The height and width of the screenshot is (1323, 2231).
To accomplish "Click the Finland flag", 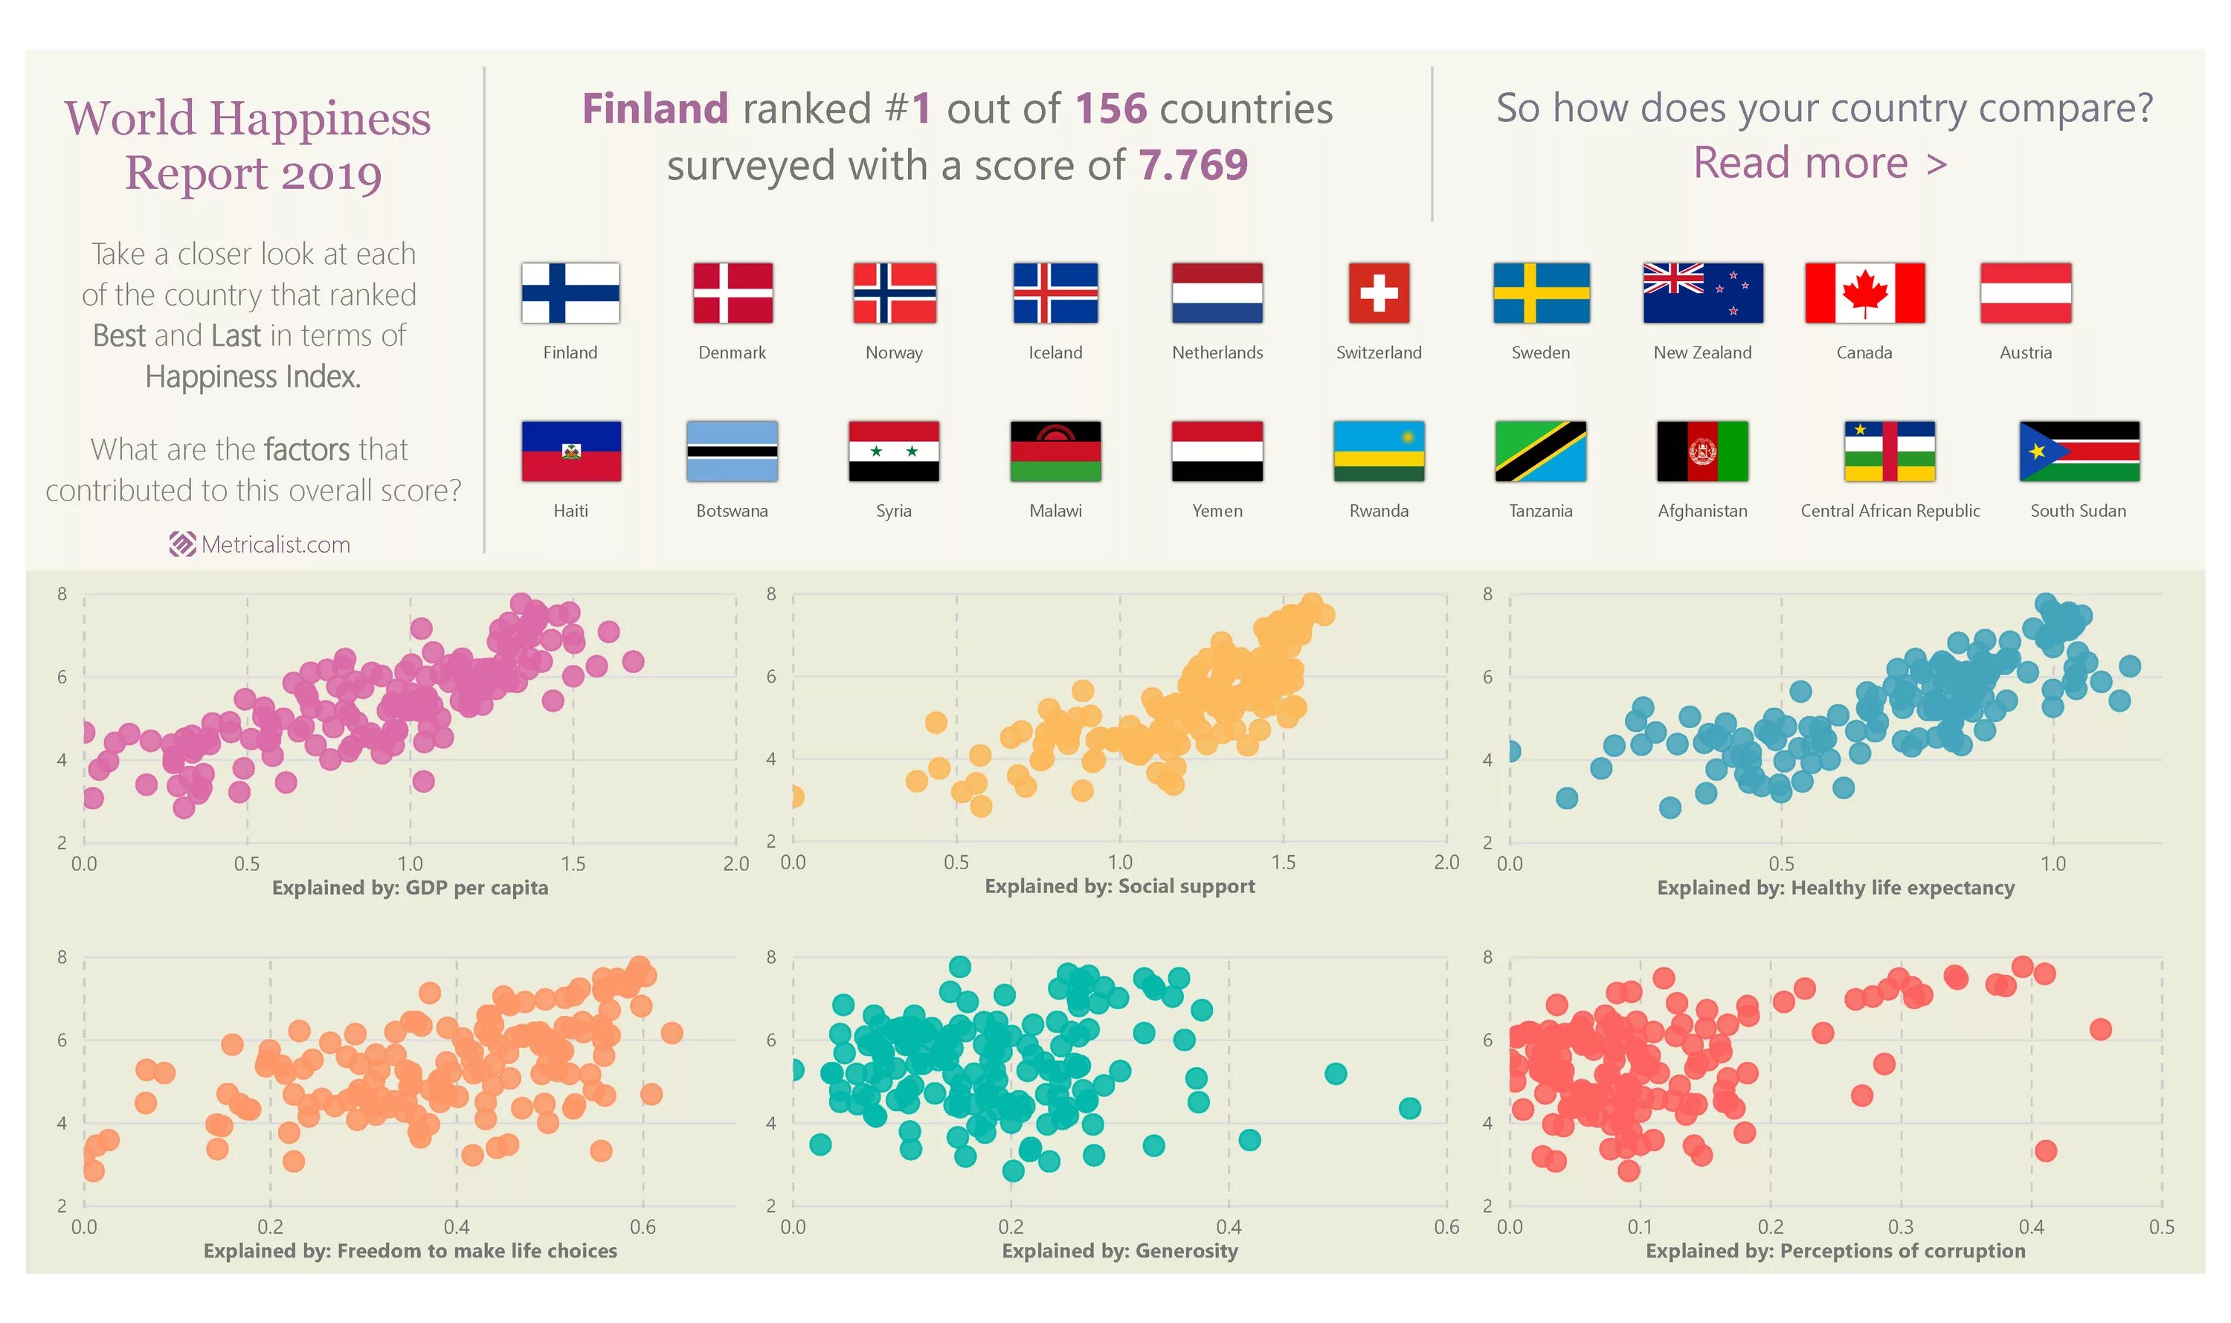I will click(x=570, y=292).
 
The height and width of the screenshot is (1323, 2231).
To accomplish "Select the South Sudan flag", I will click(x=2079, y=451).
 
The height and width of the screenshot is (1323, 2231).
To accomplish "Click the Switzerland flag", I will click(x=1379, y=292).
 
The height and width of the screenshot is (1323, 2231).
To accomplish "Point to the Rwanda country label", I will click(x=1379, y=511).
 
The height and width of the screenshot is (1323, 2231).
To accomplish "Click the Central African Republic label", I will click(x=1890, y=511).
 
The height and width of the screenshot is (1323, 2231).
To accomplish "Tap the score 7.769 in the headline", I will click(x=1193, y=165).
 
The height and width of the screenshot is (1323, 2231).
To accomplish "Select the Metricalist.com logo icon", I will click(x=183, y=544).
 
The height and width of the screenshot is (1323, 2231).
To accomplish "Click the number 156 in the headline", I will click(x=1110, y=109).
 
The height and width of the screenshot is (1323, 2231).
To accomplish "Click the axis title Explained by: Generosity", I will click(x=1119, y=1251).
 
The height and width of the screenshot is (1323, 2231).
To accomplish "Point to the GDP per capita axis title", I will click(x=410, y=887).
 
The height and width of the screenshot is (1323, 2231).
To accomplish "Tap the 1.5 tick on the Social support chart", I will click(x=1284, y=862).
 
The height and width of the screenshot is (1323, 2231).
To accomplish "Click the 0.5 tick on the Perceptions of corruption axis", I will click(x=2162, y=1227).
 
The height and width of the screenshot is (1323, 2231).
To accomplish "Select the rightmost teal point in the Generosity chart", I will click(x=1409, y=1108).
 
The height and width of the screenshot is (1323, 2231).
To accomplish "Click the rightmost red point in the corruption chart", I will click(x=2101, y=1030).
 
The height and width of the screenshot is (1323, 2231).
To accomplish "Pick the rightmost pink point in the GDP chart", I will click(x=633, y=662).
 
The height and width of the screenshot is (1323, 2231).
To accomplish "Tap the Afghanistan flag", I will click(x=1702, y=451).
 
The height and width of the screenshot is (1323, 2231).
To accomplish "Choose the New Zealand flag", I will click(x=1702, y=292).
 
